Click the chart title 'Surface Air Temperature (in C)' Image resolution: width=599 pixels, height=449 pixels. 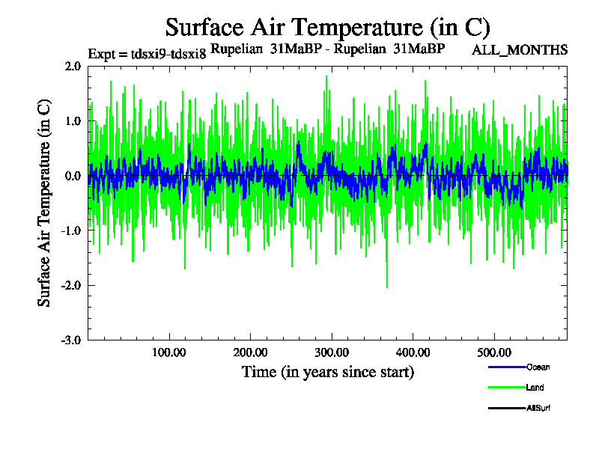[328, 28]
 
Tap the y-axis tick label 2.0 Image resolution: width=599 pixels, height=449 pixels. [73, 67]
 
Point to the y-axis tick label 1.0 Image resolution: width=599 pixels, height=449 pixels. [73, 121]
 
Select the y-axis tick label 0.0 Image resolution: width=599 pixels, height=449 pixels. [73, 176]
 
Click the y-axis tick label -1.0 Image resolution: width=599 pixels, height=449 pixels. [71, 230]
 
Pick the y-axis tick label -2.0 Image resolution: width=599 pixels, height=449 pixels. [71, 285]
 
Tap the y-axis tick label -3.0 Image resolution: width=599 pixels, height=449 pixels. [71, 340]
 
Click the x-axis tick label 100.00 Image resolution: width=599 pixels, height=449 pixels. [169, 352]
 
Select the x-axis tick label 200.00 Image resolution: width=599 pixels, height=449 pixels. [250, 352]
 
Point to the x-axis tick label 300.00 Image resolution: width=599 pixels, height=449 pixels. [331, 352]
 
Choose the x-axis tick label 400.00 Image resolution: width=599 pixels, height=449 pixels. [412, 352]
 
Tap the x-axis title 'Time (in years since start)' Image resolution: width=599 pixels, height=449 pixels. [328, 372]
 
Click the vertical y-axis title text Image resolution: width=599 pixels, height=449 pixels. [45, 202]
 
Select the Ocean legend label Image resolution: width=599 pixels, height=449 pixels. [538, 367]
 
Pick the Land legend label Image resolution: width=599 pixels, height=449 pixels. [535, 388]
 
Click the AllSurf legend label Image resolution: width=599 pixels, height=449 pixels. [539, 408]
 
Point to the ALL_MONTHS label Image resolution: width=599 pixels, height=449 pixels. [519, 50]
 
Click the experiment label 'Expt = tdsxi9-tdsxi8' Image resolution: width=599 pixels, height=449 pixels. [147, 53]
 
